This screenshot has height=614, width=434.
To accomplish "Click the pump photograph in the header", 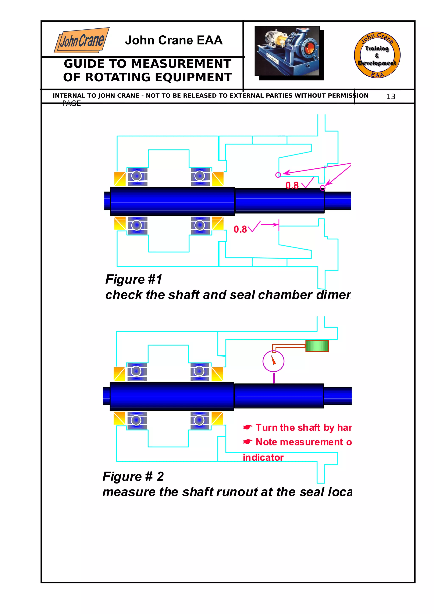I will coord(287,51).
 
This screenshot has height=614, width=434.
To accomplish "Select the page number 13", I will coord(391,97).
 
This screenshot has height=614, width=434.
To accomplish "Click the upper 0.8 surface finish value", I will coord(292,185).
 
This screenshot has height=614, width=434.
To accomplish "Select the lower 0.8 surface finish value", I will coord(240,229).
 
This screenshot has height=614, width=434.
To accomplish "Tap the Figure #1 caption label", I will coord(134,279).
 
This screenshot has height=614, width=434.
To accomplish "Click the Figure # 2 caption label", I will coord(133,476).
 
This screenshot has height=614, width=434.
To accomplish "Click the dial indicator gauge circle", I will coord(273,361).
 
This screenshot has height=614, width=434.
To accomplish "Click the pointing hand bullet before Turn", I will coord(247,427).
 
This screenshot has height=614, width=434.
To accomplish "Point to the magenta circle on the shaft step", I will coord(323,188).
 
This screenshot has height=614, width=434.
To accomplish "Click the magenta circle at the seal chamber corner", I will coord(278,175).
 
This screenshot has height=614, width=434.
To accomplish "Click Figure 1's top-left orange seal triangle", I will coord(120,179).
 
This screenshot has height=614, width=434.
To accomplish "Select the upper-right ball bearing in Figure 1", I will coord(200,176).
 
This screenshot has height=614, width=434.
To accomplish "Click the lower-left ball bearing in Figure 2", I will coord(136,420).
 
